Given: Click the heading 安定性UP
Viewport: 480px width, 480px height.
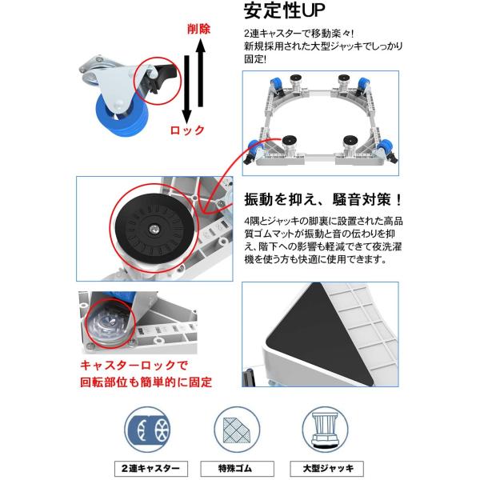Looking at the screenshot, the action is [x=284, y=10].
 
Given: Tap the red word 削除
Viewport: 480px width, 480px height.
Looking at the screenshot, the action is [x=199, y=30].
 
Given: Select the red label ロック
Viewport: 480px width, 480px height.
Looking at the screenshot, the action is [x=187, y=130].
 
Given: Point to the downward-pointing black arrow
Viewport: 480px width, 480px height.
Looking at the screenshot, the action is [x=186, y=90].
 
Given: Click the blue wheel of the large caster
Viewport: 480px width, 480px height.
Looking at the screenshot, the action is [x=122, y=115].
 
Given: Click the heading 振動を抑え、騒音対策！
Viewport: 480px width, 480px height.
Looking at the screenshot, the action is [x=323, y=199].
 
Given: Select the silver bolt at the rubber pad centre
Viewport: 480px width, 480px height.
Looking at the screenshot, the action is [x=154, y=228].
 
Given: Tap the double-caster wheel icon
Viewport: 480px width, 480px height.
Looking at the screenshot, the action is [x=147, y=430].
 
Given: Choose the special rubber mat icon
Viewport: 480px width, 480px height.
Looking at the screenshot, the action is [x=237, y=430].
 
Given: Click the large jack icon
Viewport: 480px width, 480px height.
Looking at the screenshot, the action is [x=325, y=430].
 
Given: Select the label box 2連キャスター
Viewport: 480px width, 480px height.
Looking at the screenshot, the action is [x=151, y=468].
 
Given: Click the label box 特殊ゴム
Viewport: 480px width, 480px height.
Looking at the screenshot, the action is [x=237, y=468].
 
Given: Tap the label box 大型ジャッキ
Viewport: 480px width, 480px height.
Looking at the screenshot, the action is [x=327, y=468].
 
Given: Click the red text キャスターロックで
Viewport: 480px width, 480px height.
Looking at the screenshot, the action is [x=134, y=365].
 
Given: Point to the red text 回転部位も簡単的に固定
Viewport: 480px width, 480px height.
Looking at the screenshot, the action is [x=146, y=382].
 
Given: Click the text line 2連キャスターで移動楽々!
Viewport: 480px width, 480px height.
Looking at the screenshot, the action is [x=299, y=33].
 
